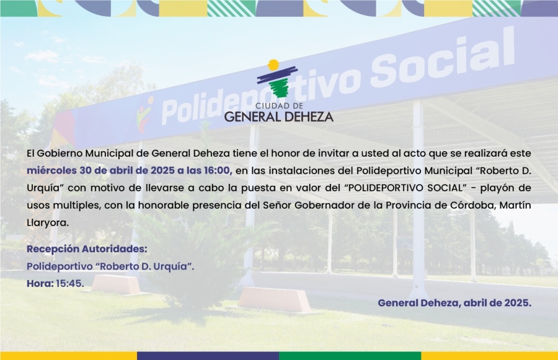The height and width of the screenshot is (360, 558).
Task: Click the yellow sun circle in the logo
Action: click(273, 64)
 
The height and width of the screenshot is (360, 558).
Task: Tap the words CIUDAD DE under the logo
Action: click(280, 106)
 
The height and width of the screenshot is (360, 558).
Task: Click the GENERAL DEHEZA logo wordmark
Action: click(279, 116)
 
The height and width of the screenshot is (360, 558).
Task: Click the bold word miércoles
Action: click(51, 170)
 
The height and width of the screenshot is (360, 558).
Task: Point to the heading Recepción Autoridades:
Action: click(87, 249)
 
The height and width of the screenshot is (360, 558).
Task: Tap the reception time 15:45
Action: click(70, 284)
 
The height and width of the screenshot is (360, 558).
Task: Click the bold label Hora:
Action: click(40, 284)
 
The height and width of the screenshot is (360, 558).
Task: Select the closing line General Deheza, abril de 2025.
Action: click(454, 303)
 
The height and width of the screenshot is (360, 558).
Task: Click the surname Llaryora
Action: click(47, 223)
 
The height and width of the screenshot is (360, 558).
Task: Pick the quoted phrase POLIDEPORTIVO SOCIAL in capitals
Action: click(405, 188)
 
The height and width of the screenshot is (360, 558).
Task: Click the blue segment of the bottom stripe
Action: click(208, 356)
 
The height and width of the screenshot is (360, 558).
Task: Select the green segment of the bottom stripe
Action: click(350, 356)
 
